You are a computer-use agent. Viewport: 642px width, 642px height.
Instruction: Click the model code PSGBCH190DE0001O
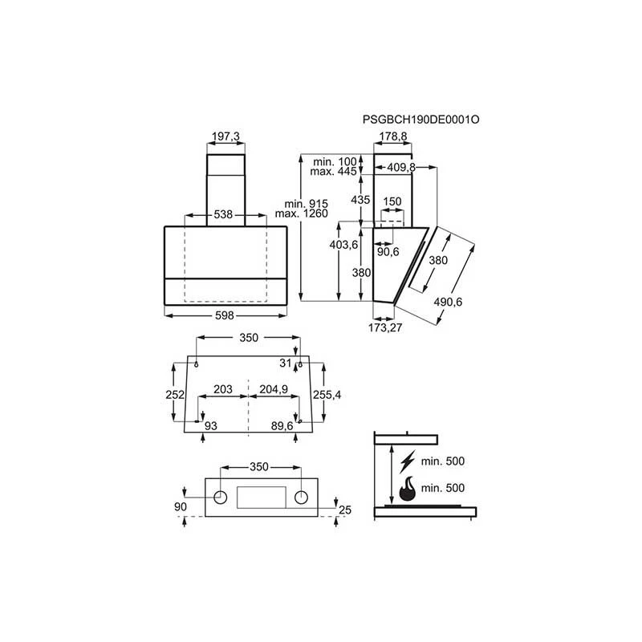click(421, 120)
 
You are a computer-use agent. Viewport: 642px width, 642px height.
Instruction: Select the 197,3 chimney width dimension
click(226, 136)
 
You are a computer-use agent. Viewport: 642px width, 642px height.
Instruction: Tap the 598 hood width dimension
click(225, 315)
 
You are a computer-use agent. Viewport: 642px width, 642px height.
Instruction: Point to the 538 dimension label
click(223, 214)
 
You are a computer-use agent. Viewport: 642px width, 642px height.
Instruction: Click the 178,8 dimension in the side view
click(393, 136)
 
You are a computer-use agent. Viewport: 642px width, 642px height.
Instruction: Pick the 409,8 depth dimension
click(401, 167)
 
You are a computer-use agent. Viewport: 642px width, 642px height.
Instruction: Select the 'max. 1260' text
click(302, 213)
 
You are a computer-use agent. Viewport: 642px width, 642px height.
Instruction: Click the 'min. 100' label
click(335, 162)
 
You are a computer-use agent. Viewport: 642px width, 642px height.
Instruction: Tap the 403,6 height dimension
click(344, 245)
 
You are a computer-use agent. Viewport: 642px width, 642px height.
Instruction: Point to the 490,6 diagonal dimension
click(448, 302)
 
